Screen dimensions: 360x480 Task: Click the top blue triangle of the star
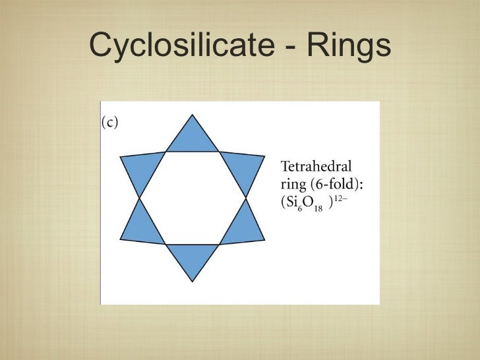[192, 138]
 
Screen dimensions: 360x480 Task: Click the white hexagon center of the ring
[192, 197]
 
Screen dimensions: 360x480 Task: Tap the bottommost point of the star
[192, 282]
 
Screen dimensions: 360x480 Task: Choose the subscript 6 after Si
[299, 208]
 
